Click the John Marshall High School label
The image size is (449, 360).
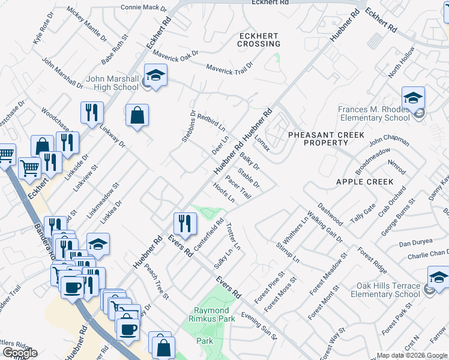click(x=112, y=83)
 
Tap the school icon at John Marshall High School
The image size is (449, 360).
click(x=156, y=76)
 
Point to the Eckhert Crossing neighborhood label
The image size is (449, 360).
click(x=259, y=40)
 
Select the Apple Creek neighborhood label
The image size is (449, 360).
click(x=364, y=181)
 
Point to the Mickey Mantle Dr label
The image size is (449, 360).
click(x=86, y=23)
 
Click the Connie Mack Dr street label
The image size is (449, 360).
click(x=143, y=8)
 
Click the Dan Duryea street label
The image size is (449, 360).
click(x=416, y=244)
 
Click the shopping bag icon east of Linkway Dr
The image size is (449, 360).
click(x=137, y=115)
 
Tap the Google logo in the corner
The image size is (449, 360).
click(x=19, y=353)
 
